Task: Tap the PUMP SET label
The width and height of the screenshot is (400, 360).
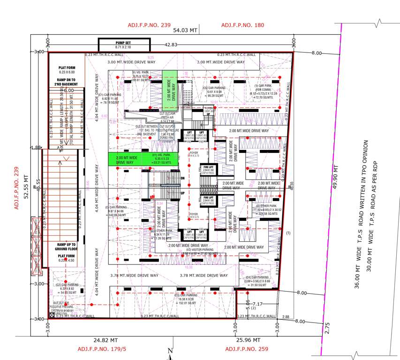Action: tap(124, 43)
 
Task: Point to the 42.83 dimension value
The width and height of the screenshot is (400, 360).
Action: tap(171, 45)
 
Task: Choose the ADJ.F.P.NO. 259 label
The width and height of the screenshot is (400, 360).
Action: tap(247, 349)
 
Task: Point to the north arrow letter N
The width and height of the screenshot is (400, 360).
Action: tap(170, 351)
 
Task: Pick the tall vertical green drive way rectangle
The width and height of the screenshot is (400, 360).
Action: tap(170, 86)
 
